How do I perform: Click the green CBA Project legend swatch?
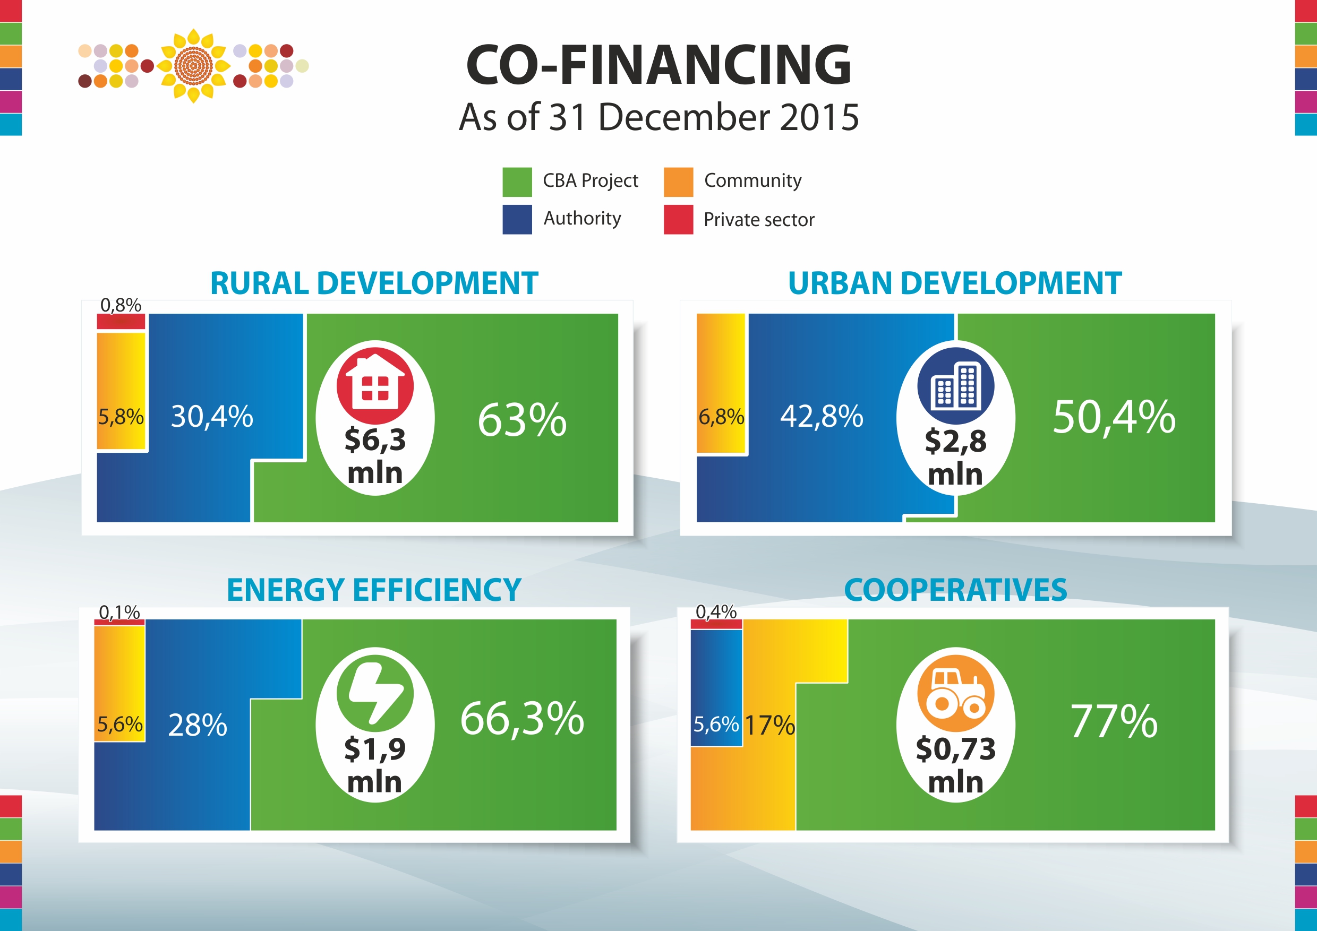pos(517,182)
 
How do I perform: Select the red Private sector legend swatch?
pos(678,220)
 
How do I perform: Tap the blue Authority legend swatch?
pos(517,220)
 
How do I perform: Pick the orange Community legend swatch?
pos(678,182)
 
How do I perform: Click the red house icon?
pos(374,386)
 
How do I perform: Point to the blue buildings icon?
pos(956,386)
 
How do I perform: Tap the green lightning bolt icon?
pos(374,693)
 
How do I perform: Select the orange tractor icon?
pos(956,693)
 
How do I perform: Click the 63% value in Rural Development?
pos(522,420)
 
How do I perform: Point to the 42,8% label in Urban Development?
pos(822,416)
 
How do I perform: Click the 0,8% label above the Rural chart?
pos(121,305)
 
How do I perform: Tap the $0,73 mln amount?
pos(956,765)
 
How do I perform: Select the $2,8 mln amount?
pos(956,457)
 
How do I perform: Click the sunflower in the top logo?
pos(193,66)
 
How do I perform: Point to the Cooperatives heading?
pos(956,590)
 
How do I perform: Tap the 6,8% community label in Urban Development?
pos(721,417)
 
